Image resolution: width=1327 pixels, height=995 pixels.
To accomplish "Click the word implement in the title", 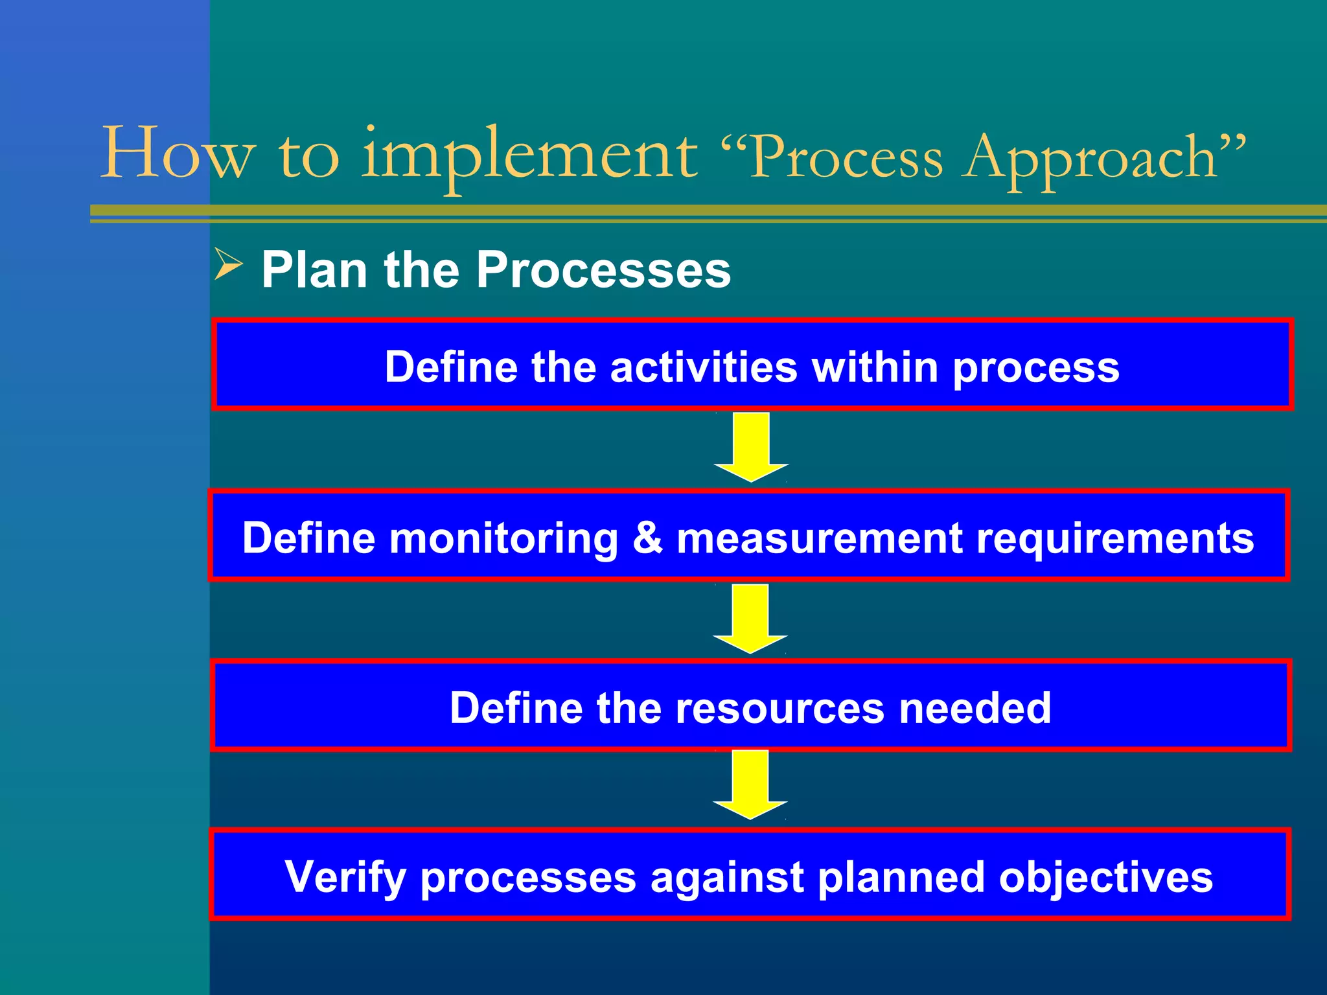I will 529,155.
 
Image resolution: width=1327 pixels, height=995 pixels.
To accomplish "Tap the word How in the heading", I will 178,154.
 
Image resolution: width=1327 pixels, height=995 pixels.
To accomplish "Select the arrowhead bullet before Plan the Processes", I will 228,266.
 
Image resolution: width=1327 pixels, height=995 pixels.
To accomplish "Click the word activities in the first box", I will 703,367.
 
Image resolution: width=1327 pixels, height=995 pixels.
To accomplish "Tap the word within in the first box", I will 875,367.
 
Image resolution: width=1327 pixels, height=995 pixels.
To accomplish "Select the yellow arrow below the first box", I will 751,447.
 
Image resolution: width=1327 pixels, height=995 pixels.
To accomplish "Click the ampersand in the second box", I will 647,538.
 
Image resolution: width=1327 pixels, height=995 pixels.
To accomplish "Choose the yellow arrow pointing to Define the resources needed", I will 750,618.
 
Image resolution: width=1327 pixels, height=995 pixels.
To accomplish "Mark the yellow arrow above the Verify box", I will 750,784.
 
